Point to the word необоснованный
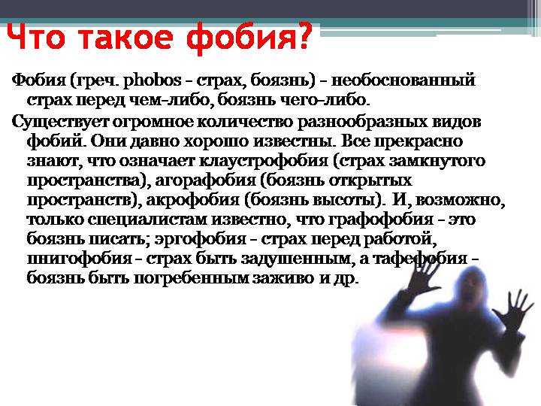pyautogui.click(x=403, y=80)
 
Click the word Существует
pyautogui.click(x=61, y=123)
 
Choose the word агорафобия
pyautogui.click(x=206, y=181)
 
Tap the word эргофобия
pyautogui.click(x=200, y=240)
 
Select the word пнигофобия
pyautogui.click(x=80, y=259)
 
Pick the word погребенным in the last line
pyautogui.click(x=191, y=278)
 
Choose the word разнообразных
pyautogui.click(x=362, y=123)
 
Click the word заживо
pyautogui.click(x=283, y=278)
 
